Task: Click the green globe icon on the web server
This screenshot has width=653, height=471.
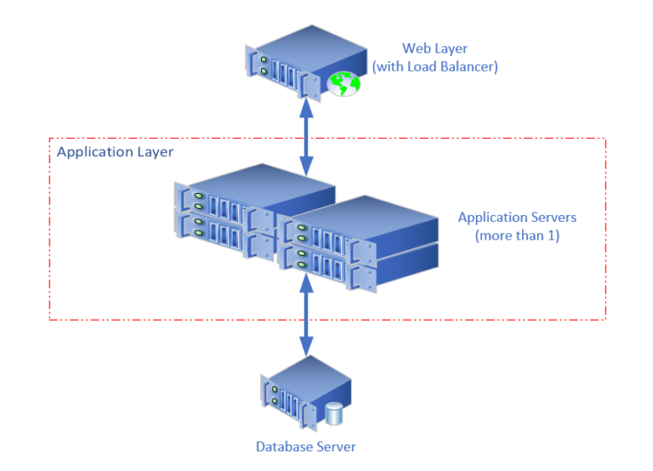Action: pyautogui.click(x=344, y=83)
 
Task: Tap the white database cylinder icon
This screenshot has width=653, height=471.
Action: pyautogui.click(x=332, y=414)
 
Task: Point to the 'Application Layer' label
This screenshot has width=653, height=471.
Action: pyautogui.click(x=115, y=152)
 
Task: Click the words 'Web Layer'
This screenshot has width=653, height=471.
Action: pyautogui.click(x=434, y=48)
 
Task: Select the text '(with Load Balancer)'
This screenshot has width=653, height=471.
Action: pyautogui.click(x=434, y=65)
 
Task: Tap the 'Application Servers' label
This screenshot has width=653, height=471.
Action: pyautogui.click(x=517, y=218)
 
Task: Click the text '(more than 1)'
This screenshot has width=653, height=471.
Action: pyautogui.click(x=517, y=235)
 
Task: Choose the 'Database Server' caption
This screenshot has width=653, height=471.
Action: pyautogui.click(x=306, y=446)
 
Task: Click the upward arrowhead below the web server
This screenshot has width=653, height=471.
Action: pyautogui.click(x=304, y=104)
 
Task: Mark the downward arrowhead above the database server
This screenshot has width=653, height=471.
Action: pyautogui.click(x=304, y=348)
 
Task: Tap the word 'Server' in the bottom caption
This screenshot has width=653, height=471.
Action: pyautogui.click(x=336, y=446)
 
